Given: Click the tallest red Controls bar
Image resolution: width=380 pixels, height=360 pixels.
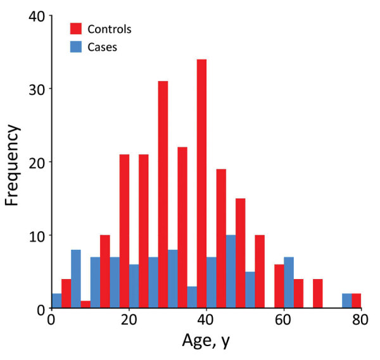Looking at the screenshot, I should (201, 184).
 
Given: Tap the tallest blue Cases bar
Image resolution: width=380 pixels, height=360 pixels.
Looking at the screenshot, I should (231, 272).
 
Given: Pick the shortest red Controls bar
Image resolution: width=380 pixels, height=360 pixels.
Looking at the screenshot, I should (85, 305).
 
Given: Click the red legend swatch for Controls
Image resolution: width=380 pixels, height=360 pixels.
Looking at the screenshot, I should (76, 28).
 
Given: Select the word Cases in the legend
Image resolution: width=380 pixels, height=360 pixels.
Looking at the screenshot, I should (103, 47).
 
